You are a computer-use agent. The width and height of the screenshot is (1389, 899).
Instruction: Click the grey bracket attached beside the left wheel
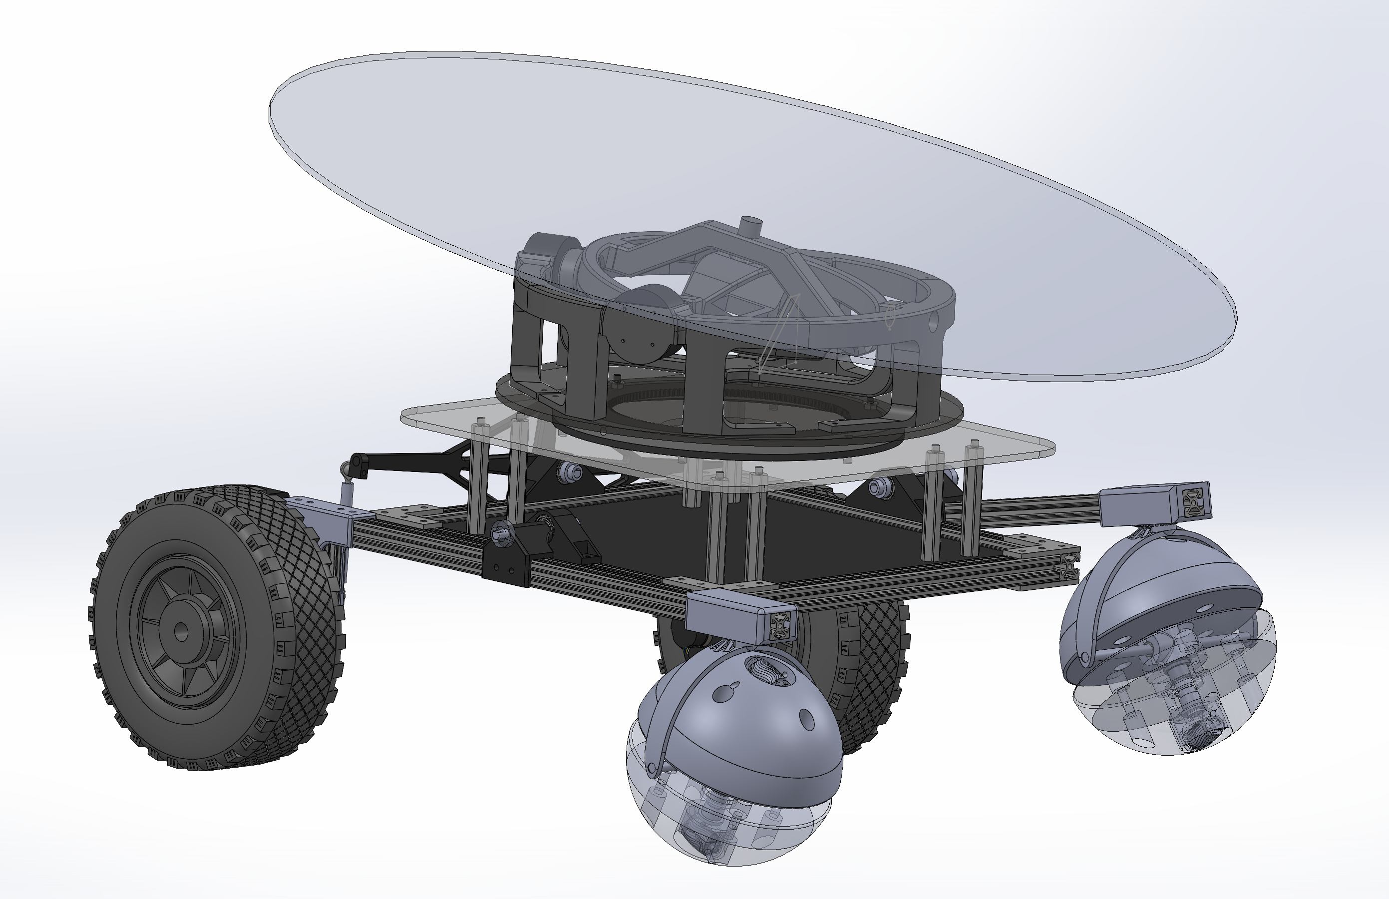tap(330, 514)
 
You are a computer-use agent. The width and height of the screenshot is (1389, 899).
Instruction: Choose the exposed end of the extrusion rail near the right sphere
tap(1068, 566)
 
